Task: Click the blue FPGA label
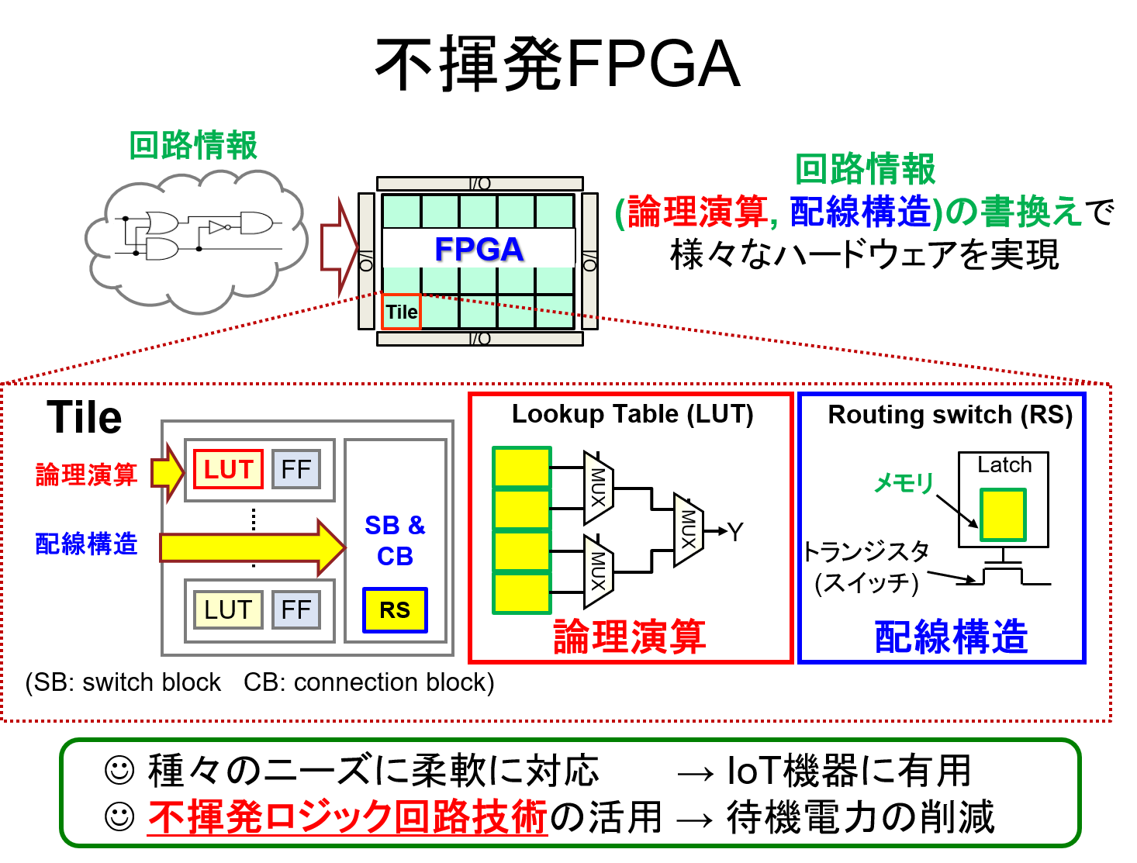pos(479,249)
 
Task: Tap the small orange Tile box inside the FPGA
pos(401,312)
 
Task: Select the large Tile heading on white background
pos(84,416)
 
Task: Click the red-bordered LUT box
pos(228,469)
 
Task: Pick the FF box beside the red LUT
pos(295,469)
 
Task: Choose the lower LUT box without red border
pos(228,609)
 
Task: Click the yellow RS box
pos(395,610)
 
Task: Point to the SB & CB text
pos(395,540)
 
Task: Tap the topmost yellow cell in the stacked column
pos(521,467)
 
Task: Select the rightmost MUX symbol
pos(688,530)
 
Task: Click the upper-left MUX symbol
pos(598,488)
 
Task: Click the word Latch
pos(1004,464)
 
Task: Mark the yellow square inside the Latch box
pos(1002,514)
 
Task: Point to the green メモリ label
pos(904,483)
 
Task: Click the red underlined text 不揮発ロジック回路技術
pos(347,816)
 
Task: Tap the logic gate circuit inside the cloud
pos(198,235)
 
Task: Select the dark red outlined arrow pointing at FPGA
pos(338,247)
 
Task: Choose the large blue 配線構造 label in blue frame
pos(951,637)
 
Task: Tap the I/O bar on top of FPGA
pos(479,184)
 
